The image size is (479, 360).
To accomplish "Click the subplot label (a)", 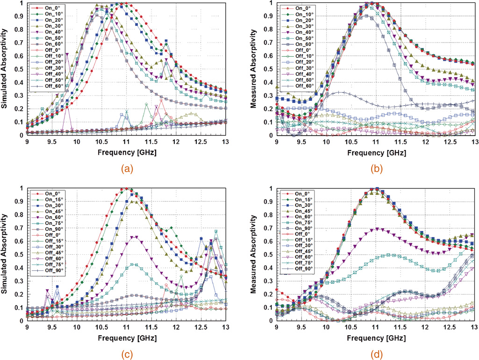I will [x=127, y=167].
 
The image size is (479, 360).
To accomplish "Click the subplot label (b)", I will [x=376, y=167].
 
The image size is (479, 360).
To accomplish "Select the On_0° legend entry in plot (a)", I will [x=49, y=8].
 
